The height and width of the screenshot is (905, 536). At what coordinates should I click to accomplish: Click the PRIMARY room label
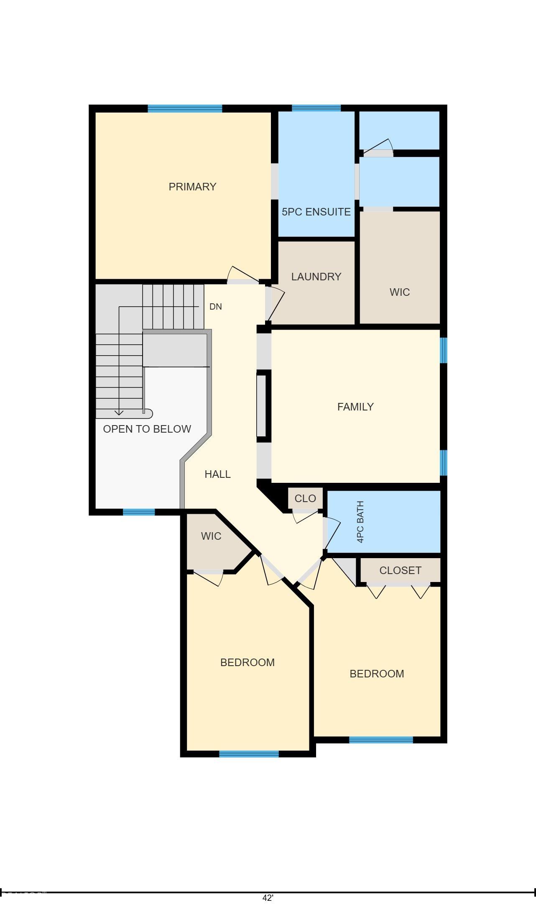[x=192, y=187]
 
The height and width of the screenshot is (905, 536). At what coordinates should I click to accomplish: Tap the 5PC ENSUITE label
[x=316, y=212]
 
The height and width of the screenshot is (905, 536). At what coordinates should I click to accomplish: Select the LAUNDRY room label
[x=316, y=277]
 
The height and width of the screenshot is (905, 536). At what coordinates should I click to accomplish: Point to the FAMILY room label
[x=355, y=407]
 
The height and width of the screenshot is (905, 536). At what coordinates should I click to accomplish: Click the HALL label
[x=217, y=474]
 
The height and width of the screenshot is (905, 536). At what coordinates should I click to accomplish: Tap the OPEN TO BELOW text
[x=147, y=429]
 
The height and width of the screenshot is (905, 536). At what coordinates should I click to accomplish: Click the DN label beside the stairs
[x=215, y=307]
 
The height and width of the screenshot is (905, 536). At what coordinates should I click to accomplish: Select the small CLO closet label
[x=305, y=498]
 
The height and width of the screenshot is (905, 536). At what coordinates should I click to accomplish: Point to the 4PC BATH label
[x=360, y=522]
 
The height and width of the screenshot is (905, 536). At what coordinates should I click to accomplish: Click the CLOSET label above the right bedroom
[x=400, y=570]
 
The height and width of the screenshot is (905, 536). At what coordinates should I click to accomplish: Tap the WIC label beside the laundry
[x=400, y=292]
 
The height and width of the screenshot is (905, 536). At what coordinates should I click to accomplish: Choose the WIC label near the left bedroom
[x=211, y=536]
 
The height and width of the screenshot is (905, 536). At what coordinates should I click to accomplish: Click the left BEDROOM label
[x=248, y=662]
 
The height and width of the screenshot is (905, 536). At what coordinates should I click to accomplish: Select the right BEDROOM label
[x=377, y=674]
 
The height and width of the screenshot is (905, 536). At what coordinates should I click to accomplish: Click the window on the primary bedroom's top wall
[x=185, y=108]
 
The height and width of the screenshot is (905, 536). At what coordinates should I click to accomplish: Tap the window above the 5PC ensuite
[x=316, y=108]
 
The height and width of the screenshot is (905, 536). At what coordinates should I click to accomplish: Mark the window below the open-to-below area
[x=139, y=512]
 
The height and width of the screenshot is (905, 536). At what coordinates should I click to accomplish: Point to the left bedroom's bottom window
[x=249, y=754]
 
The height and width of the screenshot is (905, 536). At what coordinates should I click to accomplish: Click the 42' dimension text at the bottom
[x=268, y=898]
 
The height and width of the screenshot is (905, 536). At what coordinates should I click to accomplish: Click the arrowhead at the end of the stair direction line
[x=119, y=413]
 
